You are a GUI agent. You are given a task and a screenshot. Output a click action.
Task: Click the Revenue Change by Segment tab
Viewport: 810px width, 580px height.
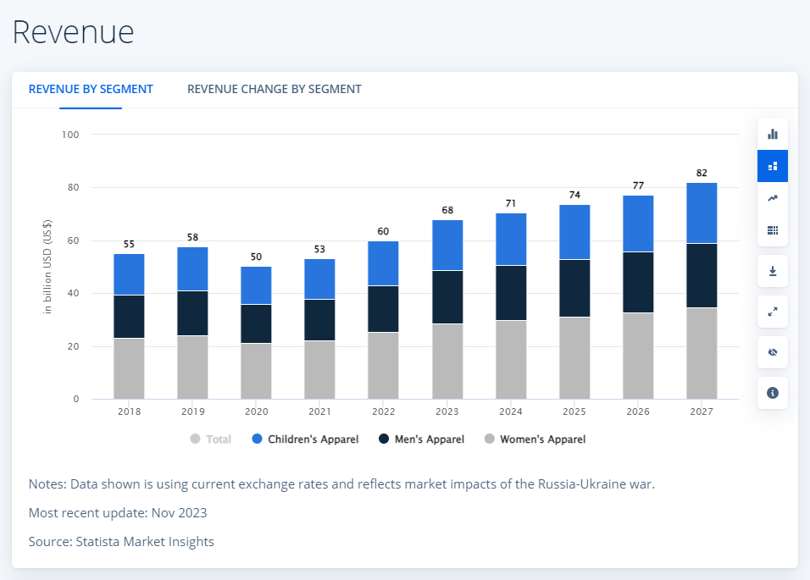274,89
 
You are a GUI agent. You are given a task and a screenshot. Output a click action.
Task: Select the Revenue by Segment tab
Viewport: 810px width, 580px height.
91,89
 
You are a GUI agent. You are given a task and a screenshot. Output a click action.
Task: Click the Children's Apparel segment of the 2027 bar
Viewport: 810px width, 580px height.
702,213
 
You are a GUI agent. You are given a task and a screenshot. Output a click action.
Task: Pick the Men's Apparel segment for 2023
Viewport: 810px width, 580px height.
447,296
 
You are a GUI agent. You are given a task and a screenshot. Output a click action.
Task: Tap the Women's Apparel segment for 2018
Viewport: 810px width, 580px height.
129,368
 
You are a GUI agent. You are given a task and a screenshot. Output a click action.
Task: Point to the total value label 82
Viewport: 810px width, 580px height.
702,173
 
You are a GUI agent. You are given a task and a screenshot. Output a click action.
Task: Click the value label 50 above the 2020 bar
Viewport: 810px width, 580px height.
256,257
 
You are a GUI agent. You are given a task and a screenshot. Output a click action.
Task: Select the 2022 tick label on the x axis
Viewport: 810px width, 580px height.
383,412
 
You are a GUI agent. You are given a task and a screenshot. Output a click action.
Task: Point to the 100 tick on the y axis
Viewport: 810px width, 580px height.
70,135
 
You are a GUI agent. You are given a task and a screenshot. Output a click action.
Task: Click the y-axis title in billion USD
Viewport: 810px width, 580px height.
47,266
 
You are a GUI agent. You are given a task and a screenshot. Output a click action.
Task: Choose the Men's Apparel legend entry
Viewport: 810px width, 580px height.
422,439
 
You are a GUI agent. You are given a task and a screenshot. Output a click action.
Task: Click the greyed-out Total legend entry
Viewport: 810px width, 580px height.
211,439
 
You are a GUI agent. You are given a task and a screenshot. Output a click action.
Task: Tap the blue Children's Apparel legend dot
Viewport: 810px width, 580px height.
257,439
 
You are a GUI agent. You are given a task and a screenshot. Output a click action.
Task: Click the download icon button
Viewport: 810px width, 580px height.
773,271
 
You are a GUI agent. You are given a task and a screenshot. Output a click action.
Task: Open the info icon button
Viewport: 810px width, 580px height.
773,393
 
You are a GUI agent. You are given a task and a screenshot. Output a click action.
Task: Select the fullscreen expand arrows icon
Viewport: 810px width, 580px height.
773,312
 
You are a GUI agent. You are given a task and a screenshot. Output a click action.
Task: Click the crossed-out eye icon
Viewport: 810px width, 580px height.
773,352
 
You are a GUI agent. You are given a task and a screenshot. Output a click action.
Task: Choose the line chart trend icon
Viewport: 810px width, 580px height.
773,198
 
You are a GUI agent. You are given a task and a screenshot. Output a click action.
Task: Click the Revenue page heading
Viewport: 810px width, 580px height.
74,32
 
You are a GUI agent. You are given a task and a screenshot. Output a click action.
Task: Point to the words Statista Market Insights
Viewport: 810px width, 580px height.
145,541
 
